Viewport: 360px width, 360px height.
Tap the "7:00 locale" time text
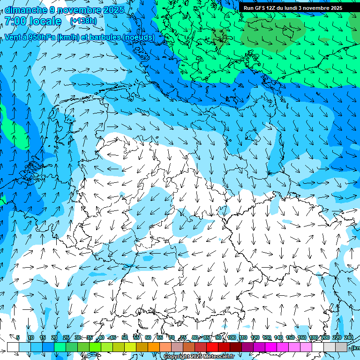pyautogui.click(x=33, y=21)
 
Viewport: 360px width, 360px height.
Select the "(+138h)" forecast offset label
pyautogui.click(x=83, y=21)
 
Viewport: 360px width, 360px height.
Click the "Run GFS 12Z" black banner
pyautogui.click(x=292, y=8)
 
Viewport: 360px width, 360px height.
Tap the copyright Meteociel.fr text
pyautogui.click(x=199, y=357)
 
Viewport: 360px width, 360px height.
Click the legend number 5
pyautogui.click(x=18, y=337)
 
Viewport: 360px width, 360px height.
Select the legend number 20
pyautogui.click(x=54, y=337)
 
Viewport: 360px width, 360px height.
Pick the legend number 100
pyautogui.click(x=231, y=337)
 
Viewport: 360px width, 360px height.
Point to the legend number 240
pyautogui.click(x=349, y=337)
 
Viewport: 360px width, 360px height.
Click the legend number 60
pyautogui.click(x=148, y=337)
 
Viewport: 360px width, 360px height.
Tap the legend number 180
pyautogui.click(x=313, y=337)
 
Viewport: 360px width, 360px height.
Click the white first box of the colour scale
pyautogui.click(x=13, y=347)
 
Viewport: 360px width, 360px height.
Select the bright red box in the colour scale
pyautogui.click(x=212, y=347)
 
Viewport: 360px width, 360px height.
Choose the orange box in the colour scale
pyautogui.click(x=154, y=347)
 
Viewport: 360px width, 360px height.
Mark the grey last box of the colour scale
pyautogui.click(x=341, y=347)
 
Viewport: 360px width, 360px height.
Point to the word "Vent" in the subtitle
pyautogui.click(x=14, y=37)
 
